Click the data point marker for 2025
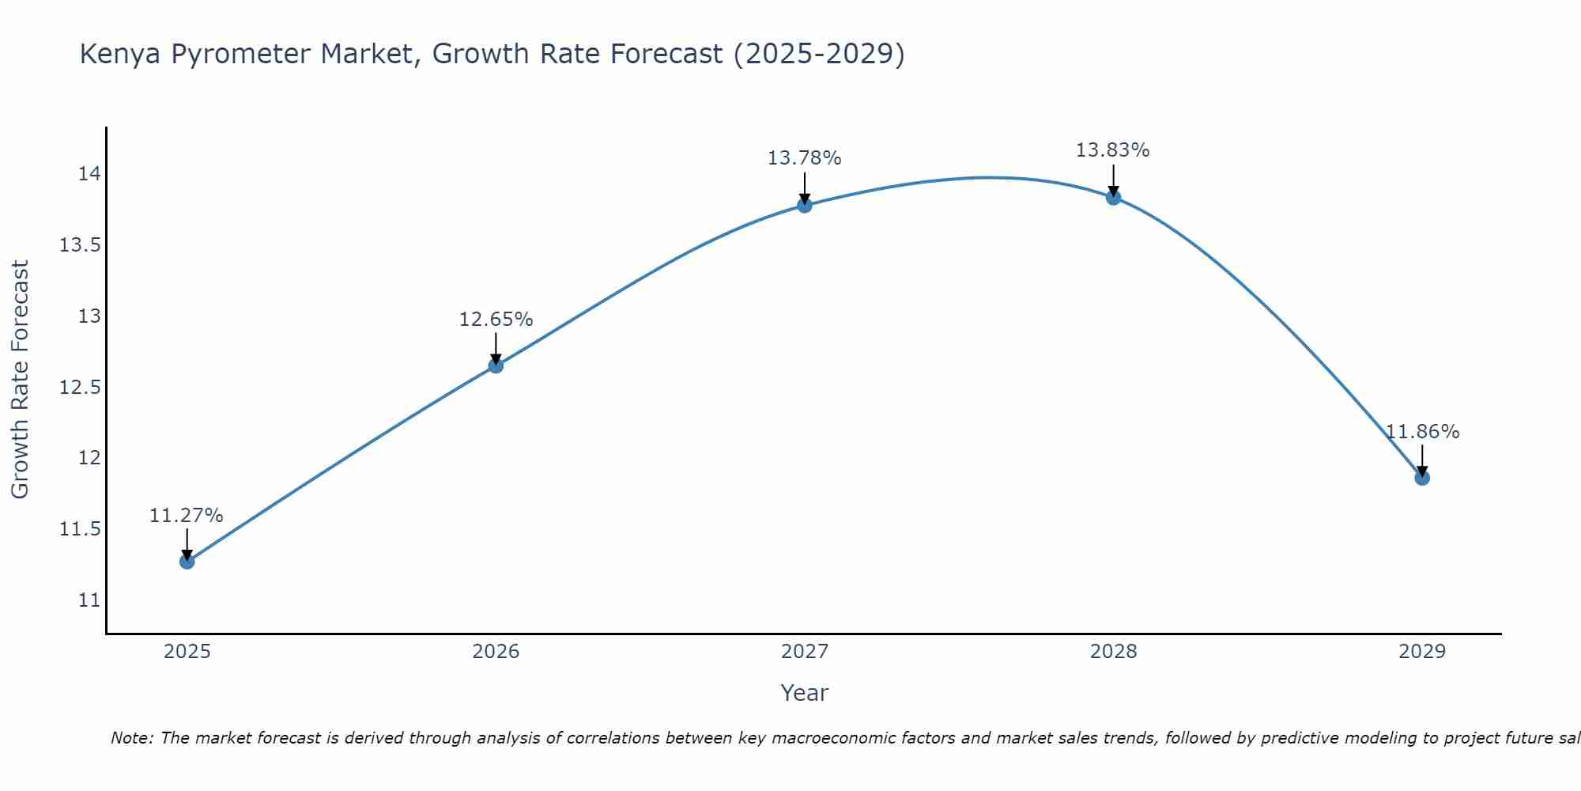click(187, 562)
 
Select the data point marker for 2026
click(496, 365)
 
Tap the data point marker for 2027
click(805, 206)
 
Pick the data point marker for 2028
click(1113, 198)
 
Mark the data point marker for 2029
click(1422, 478)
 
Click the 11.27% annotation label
click(187, 516)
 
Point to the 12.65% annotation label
click(496, 320)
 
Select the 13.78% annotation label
click(805, 158)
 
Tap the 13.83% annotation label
click(1112, 150)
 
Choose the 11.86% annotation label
click(1422, 432)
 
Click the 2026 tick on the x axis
click(496, 652)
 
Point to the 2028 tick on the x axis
click(1113, 652)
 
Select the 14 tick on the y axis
click(89, 174)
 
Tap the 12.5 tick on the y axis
click(80, 387)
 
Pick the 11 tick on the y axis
click(89, 600)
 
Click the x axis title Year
click(804, 693)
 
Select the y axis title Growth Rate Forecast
click(20, 380)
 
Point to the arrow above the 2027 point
click(805, 187)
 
